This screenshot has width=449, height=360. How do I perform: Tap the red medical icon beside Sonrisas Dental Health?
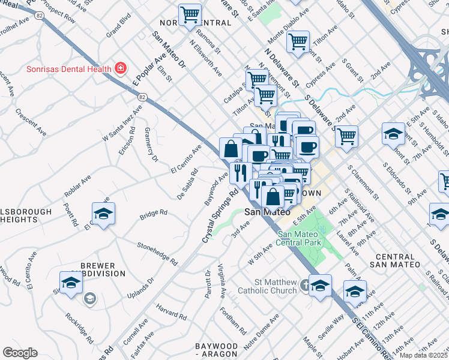(121, 68)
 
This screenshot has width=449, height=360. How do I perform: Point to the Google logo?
(20, 353)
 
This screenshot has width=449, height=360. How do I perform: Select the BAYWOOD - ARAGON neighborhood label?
(217, 351)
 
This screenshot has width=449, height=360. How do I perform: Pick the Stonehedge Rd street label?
(158, 254)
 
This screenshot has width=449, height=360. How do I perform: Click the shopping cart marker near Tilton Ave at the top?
(298, 41)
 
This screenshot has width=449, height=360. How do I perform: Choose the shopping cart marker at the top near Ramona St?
(190, 14)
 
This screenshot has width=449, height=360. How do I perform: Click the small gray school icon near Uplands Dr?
(90, 299)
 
